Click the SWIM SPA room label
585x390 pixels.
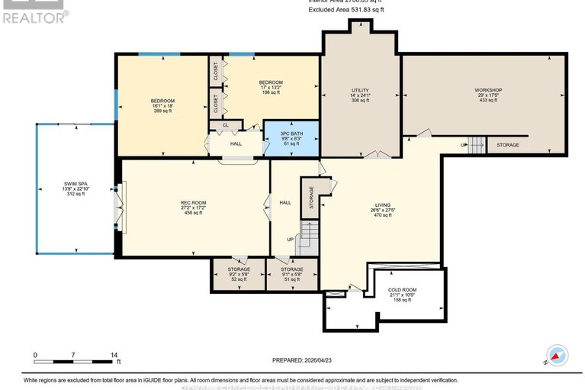coord(74,189)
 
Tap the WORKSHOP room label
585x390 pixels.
coord(487,95)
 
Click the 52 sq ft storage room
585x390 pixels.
coord(238,274)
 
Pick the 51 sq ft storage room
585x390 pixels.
coord(291,274)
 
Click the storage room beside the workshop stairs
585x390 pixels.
coord(507,145)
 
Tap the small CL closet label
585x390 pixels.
coord(225,124)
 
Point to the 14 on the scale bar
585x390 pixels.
coord(114,356)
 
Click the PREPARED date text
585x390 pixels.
coord(304,359)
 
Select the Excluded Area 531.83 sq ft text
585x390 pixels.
coord(346,10)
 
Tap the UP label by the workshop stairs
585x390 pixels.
coord(462,145)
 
